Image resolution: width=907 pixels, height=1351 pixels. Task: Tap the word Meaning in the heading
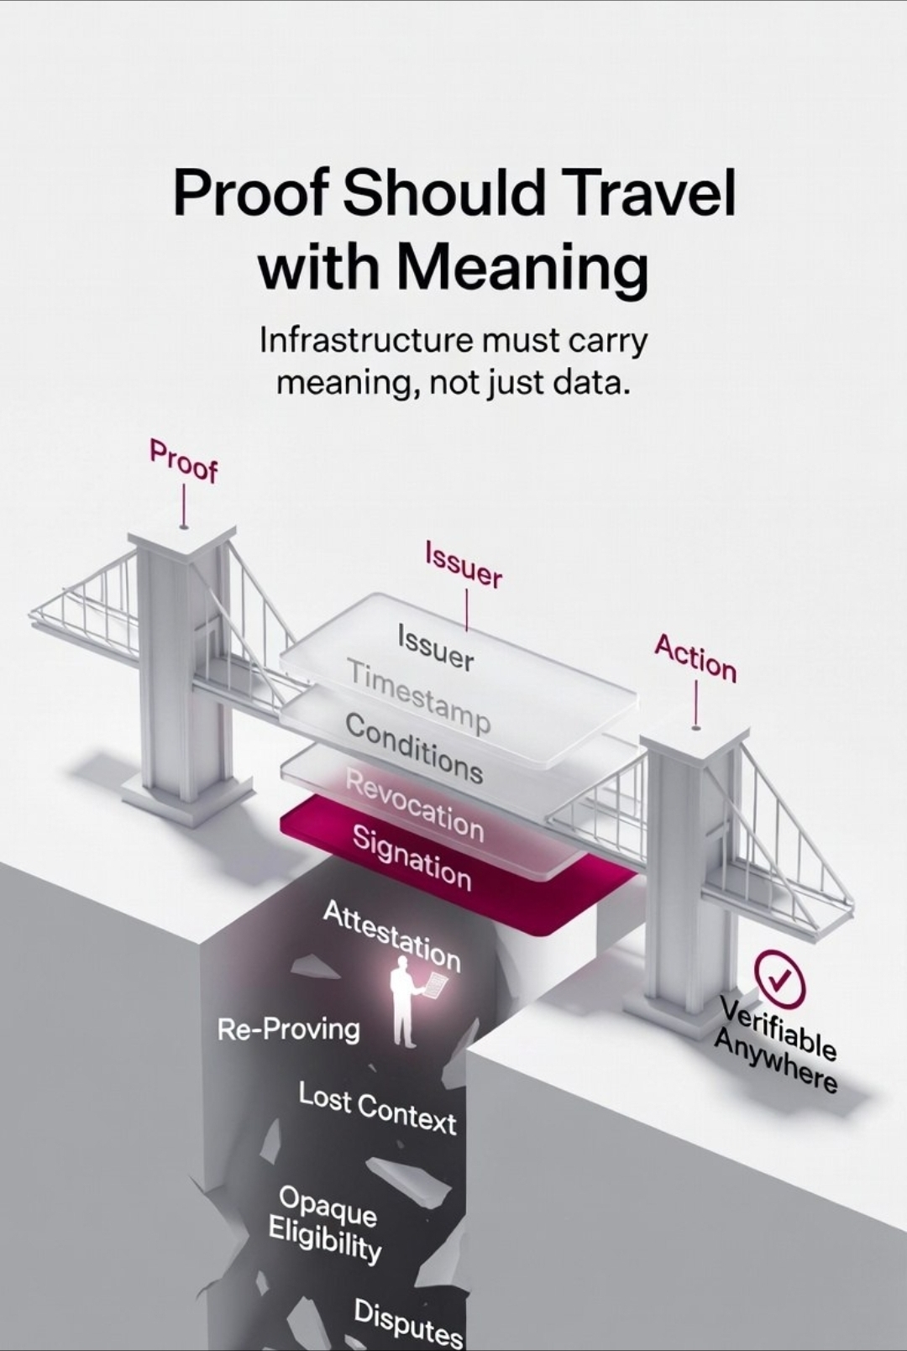pyautogui.click(x=522, y=267)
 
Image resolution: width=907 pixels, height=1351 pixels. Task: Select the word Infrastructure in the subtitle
pyautogui.click(x=362, y=341)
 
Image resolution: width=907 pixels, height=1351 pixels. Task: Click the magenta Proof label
pyautogui.click(x=184, y=460)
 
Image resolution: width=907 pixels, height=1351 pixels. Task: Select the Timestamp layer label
pyautogui.click(x=418, y=696)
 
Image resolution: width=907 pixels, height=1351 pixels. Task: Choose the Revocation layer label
pyautogui.click(x=415, y=804)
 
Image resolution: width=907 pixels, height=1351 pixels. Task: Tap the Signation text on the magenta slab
pyautogui.click(x=412, y=856)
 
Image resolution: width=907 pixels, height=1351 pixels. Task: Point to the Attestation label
pyautogui.click(x=392, y=935)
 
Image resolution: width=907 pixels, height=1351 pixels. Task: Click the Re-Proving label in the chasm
pyautogui.click(x=288, y=1029)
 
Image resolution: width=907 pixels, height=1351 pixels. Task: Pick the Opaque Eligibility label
pyautogui.click(x=326, y=1223)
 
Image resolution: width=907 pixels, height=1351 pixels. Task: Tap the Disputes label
pyautogui.click(x=408, y=1322)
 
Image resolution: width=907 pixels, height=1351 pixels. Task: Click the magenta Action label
pyautogui.click(x=695, y=657)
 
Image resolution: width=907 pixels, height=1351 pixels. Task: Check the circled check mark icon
pyautogui.click(x=779, y=977)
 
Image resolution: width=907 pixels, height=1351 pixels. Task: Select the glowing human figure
pyautogui.click(x=406, y=1003)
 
